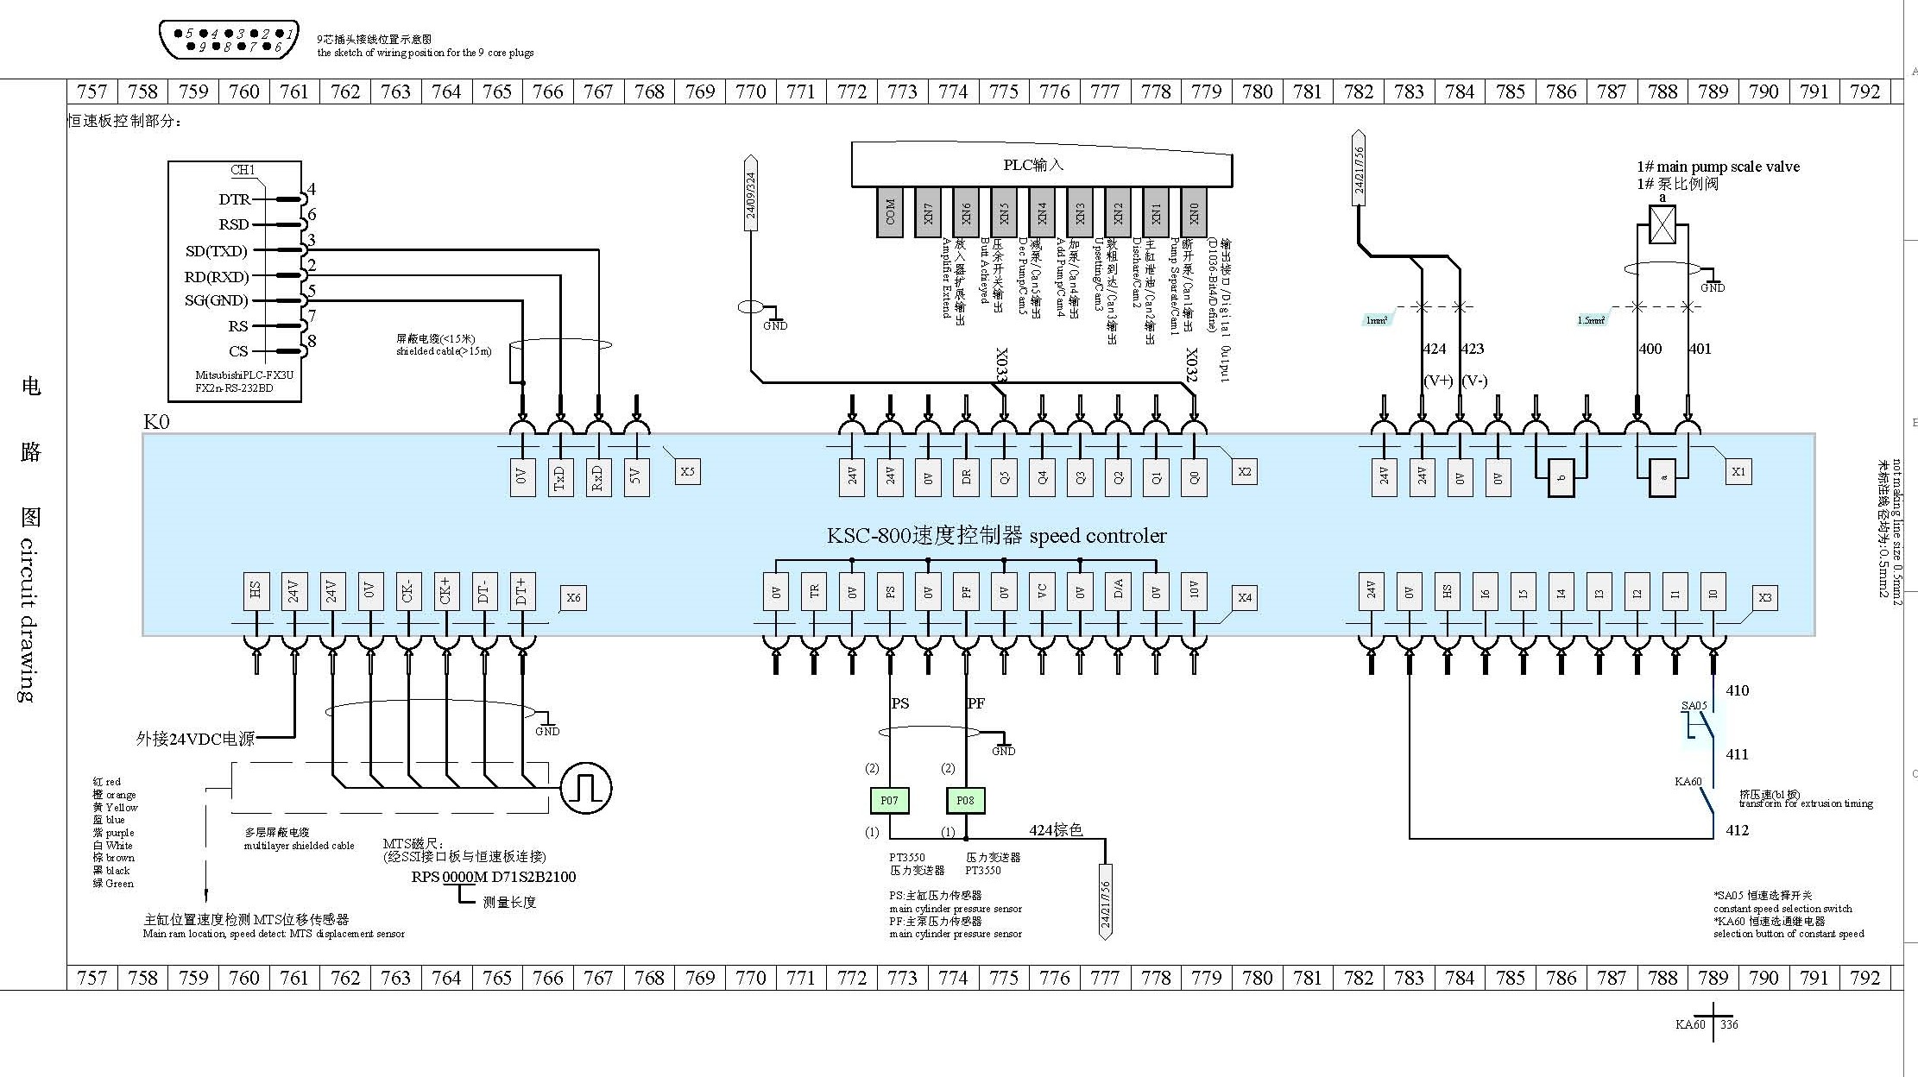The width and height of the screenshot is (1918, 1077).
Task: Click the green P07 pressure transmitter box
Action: pyautogui.click(x=889, y=801)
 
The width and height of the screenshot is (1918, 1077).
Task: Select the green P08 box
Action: pyautogui.click(x=965, y=801)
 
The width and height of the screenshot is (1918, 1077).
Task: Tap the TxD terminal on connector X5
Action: pyautogui.click(x=559, y=477)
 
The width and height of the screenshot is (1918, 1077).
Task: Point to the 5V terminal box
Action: pyautogui.click(x=636, y=477)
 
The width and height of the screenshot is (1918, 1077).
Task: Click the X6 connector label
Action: pyautogui.click(x=573, y=597)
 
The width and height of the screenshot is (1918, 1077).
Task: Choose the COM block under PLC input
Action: pyautogui.click(x=890, y=211)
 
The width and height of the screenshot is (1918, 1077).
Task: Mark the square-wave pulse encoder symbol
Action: pyautogui.click(x=586, y=787)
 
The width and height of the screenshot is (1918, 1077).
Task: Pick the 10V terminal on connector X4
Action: pyautogui.click(x=1194, y=591)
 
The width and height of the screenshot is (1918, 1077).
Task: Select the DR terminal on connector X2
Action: pyautogui.click(x=966, y=477)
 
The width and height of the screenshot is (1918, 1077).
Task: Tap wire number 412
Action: pyautogui.click(x=1737, y=830)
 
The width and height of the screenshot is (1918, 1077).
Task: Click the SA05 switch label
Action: pyautogui.click(x=1694, y=706)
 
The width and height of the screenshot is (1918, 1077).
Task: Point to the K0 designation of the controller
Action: pyautogui.click(x=156, y=422)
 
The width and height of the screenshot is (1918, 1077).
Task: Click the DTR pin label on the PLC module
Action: pyautogui.click(x=234, y=199)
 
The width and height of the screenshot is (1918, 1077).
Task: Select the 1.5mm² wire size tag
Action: pyautogui.click(x=1591, y=320)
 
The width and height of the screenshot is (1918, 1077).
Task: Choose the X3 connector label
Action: pyautogui.click(x=1765, y=597)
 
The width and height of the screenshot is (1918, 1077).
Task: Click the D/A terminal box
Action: pyautogui.click(x=1118, y=591)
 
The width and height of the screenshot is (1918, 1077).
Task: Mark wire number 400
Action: pyautogui.click(x=1650, y=349)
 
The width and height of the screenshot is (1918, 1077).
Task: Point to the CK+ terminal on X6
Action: pyautogui.click(x=445, y=591)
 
